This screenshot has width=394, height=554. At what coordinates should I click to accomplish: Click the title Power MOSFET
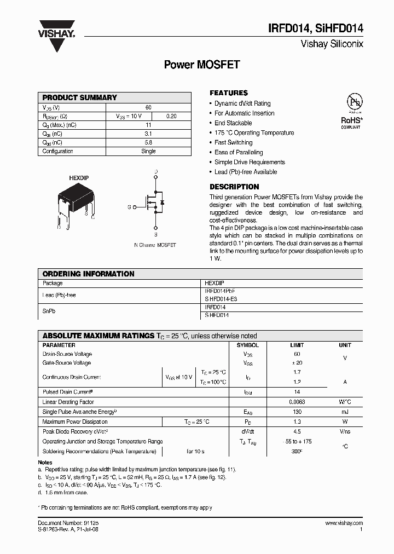pos(202,65)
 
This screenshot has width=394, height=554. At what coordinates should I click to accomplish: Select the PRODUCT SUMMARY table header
pos(80,97)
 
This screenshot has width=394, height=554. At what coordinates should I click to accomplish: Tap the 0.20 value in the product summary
pos(171,116)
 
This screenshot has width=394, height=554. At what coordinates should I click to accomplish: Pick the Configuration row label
pos(57,151)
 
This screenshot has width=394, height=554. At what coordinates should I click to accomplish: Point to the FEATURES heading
pos(229,93)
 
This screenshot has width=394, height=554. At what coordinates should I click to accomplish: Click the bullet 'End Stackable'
pos(233,123)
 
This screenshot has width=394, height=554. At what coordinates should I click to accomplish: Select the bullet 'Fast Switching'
pos(233,142)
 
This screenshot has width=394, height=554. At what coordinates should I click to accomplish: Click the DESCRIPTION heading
pos(234,187)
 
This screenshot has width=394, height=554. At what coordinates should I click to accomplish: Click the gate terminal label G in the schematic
pos(129,207)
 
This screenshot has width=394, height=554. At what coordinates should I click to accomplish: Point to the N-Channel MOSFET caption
pos(155,245)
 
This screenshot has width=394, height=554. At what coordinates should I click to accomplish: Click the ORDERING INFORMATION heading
pos(88,274)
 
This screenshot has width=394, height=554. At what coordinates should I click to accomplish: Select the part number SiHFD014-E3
pos(221,299)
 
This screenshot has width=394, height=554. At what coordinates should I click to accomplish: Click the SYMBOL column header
pos(247,345)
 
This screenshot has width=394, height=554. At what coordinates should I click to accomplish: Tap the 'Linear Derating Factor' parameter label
pos(68,402)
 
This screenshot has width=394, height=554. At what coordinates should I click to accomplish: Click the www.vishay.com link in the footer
pos(344,523)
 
